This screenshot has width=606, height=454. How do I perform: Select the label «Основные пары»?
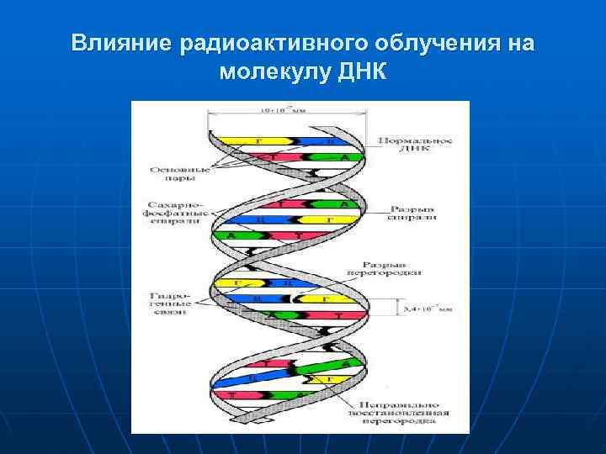[174, 173]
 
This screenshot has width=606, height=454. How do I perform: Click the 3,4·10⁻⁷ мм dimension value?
[428, 309]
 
